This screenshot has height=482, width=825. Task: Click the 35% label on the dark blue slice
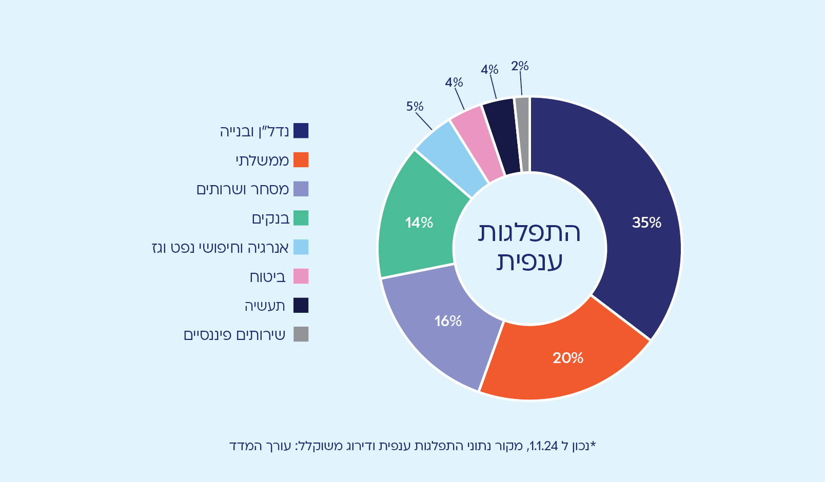pyautogui.click(x=646, y=223)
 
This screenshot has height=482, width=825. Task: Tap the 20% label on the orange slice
pyautogui.click(x=568, y=358)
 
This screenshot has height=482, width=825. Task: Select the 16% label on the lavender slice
pyautogui.click(x=448, y=321)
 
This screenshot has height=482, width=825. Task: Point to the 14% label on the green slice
pyautogui.click(x=419, y=223)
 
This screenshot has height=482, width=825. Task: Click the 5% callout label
pyautogui.click(x=415, y=106)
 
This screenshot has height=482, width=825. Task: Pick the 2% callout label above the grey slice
pyautogui.click(x=519, y=66)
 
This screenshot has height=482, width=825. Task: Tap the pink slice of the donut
pyautogui.click(x=477, y=144)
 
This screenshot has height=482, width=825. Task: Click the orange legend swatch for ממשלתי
pyautogui.click(x=301, y=160)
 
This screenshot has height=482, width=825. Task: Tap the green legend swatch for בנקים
pyautogui.click(x=301, y=218)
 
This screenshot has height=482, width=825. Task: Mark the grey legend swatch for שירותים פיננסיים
pyautogui.click(x=301, y=334)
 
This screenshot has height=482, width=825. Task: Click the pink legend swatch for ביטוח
pyautogui.click(x=301, y=276)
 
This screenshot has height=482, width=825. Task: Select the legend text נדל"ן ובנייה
pyautogui.click(x=254, y=131)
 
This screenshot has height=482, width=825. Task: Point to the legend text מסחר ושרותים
pyautogui.click(x=243, y=190)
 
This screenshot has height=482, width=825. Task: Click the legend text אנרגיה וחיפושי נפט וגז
pyautogui.click(x=220, y=248)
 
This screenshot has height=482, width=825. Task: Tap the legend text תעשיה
pyautogui.click(x=265, y=306)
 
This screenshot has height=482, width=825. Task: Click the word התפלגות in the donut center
pyautogui.click(x=529, y=232)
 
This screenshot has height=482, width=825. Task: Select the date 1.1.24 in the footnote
pyautogui.click(x=543, y=446)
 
